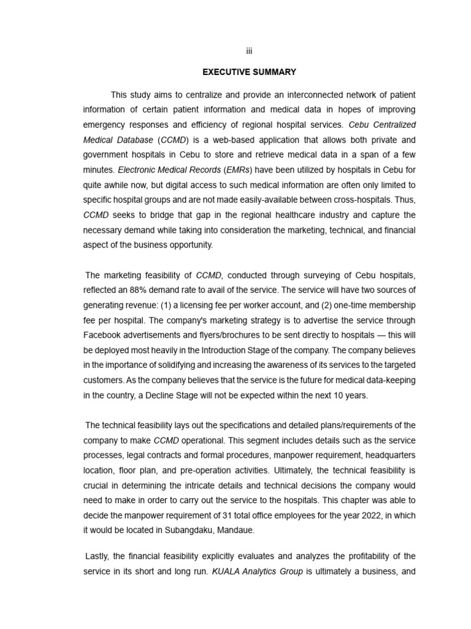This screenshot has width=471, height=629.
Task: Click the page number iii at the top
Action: [250, 51]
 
